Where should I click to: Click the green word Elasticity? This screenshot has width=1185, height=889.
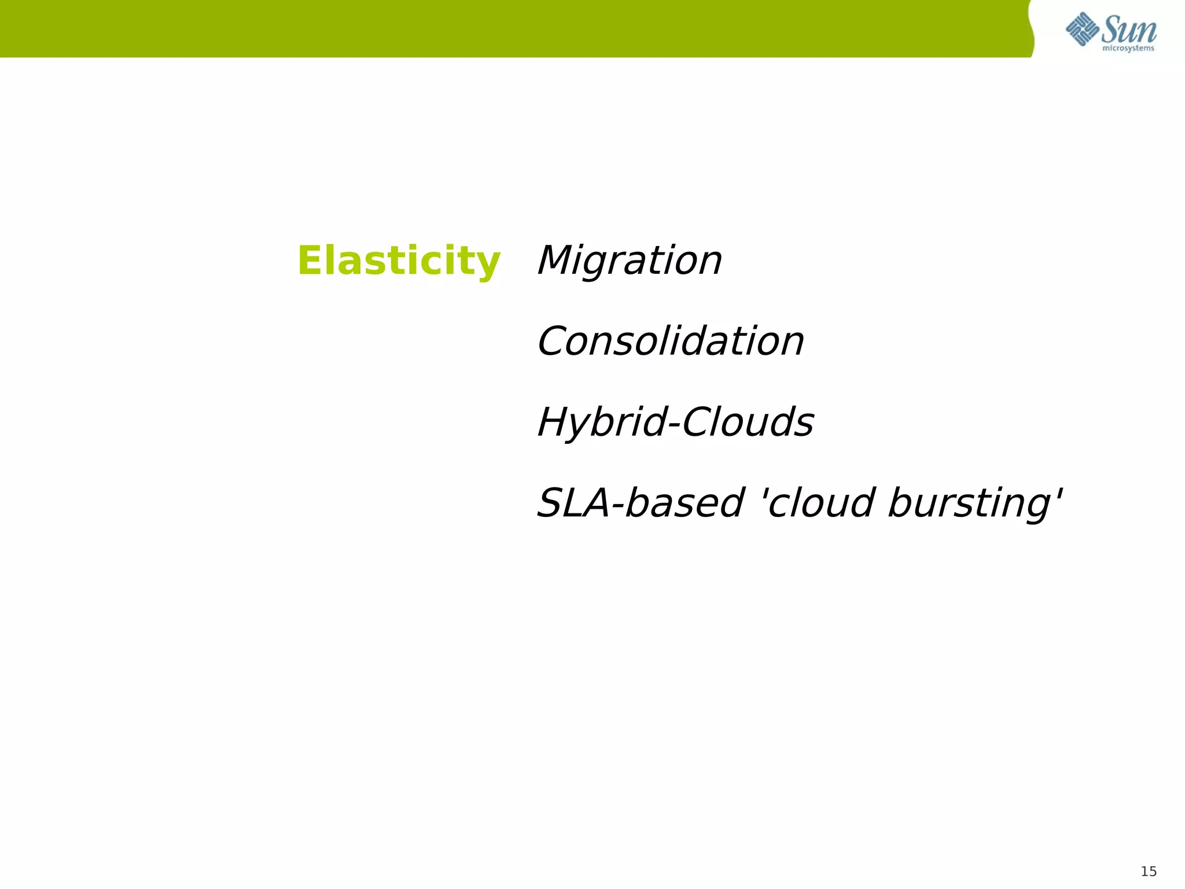click(x=398, y=261)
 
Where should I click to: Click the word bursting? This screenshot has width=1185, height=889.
click(x=969, y=504)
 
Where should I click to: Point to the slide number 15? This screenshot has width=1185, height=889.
click(x=1149, y=872)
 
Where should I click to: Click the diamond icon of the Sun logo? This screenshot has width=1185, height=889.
click(x=1082, y=29)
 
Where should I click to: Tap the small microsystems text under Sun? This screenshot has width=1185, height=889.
click(x=1128, y=49)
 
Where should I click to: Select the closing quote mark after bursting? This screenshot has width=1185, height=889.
click(x=1059, y=492)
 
